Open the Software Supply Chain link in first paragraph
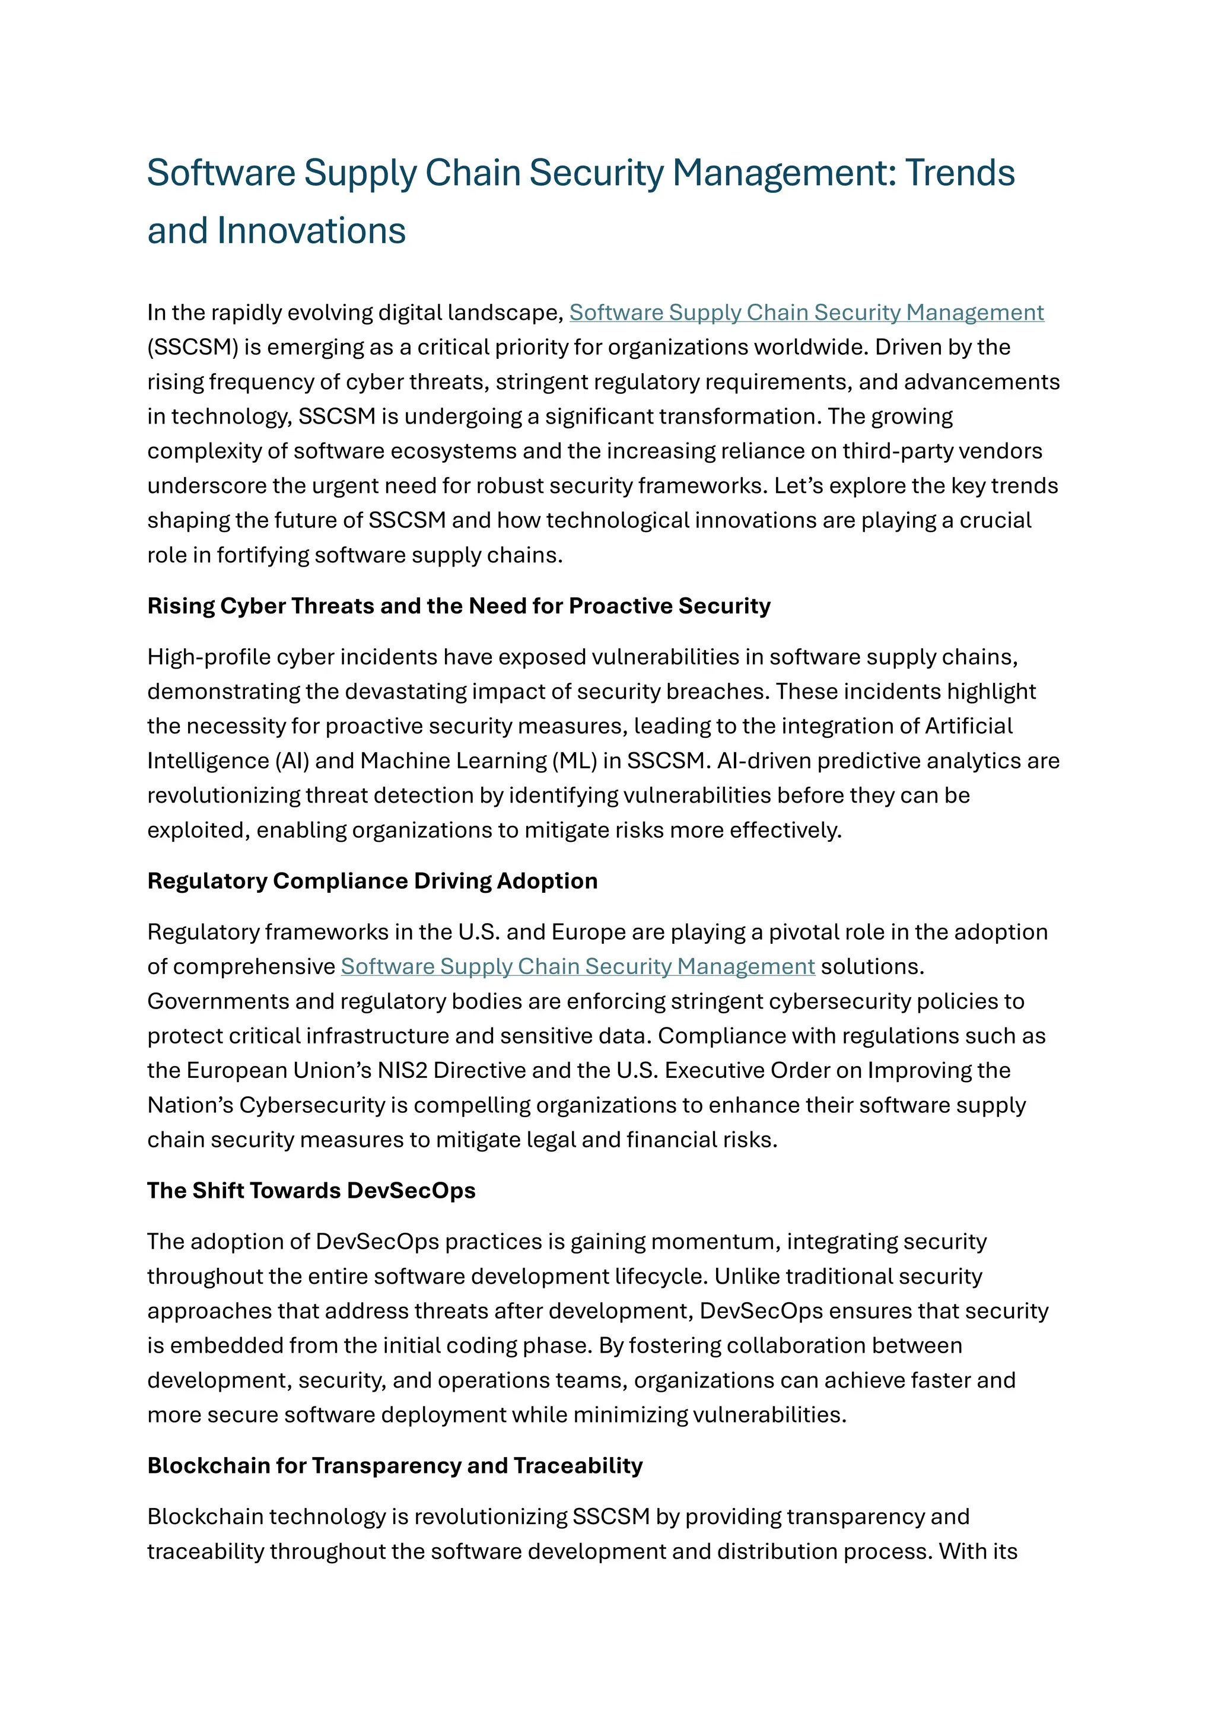[x=806, y=312]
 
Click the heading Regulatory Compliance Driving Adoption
[x=372, y=881]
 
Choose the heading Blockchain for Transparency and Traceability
[x=395, y=1465]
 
